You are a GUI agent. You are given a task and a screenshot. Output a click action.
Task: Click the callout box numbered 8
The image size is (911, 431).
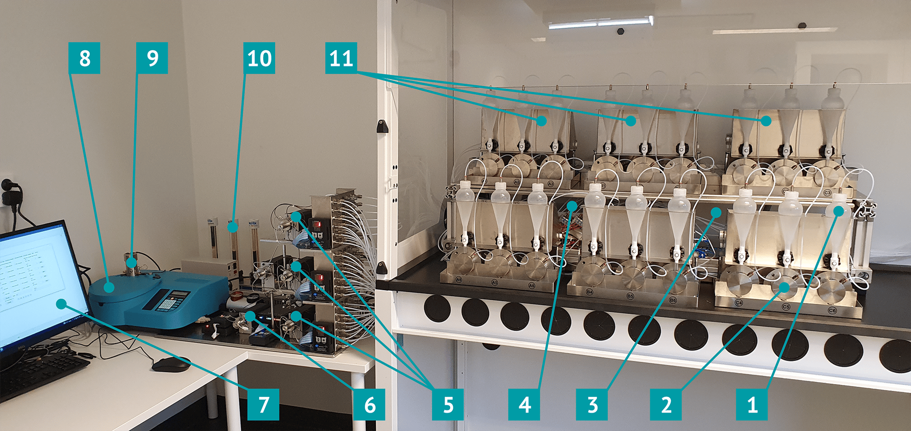84,58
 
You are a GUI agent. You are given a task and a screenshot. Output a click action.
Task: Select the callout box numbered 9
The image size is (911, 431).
152,58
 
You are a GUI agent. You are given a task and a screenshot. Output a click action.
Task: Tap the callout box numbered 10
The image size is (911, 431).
259,58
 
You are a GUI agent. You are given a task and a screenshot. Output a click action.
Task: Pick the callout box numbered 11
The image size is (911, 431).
341,58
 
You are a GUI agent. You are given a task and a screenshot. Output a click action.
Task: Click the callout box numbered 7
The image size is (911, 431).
263,404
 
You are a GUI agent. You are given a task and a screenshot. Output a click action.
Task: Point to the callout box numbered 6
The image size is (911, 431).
369,404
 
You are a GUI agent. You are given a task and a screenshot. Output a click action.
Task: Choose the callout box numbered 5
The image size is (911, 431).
448,404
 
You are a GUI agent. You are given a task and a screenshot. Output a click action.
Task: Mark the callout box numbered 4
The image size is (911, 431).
524,404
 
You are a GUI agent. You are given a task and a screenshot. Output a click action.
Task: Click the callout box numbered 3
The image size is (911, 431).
592,404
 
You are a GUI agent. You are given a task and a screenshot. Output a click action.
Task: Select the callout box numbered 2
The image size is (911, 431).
666,404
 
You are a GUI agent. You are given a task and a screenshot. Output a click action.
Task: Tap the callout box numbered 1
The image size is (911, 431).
752,404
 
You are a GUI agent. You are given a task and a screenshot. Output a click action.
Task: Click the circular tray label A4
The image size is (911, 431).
459,280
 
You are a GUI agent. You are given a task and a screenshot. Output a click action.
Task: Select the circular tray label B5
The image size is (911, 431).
630,296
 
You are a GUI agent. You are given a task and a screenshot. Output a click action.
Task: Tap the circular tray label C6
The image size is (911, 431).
832,310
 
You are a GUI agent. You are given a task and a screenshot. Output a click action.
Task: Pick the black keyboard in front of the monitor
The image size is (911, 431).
41,373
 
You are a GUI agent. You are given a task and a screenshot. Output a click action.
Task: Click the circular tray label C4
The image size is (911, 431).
739,303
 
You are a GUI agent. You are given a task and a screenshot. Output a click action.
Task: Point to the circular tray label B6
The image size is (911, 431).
673,300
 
